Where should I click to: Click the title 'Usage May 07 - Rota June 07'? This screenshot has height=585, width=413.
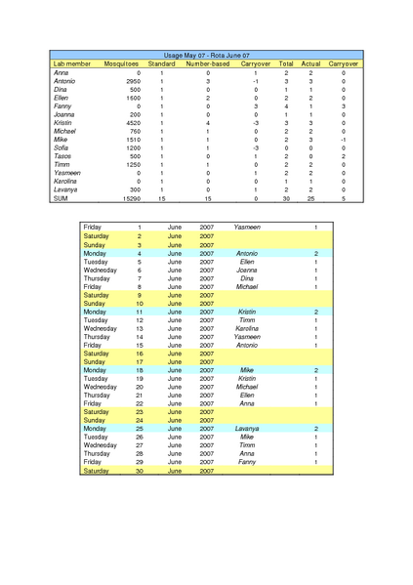pyautogui.click(x=207, y=56)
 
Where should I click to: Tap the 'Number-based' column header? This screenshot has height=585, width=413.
pyautogui.click(x=207, y=63)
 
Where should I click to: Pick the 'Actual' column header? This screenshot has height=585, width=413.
pyautogui.click(x=310, y=63)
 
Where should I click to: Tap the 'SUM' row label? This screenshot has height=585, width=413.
pyautogui.click(x=61, y=198)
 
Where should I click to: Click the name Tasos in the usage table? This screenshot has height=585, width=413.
pyautogui.click(x=62, y=156)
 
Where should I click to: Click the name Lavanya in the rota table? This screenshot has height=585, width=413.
pyautogui.click(x=247, y=429)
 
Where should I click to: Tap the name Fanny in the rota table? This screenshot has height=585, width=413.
pyautogui.click(x=247, y=462)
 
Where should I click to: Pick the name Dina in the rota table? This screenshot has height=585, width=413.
pyautogui.click(x=247, y=279)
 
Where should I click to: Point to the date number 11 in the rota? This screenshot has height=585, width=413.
pyautogui.click(x=140, y=312)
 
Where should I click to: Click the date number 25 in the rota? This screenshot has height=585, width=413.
pyautogui.click(x=140, y=429)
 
